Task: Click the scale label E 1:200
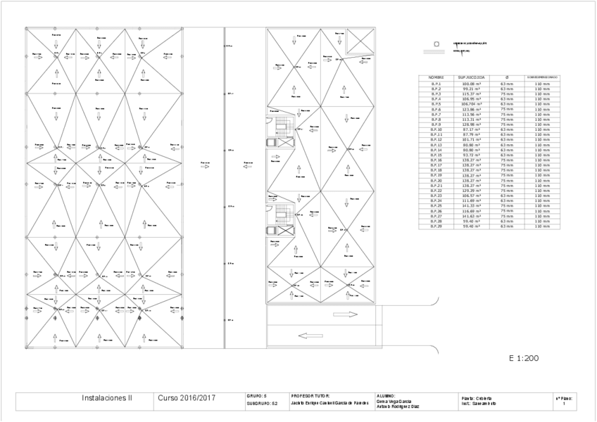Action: (x=523, y=358)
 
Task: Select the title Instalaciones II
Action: (x=107, y=398)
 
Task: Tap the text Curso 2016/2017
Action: (x=187, y=398)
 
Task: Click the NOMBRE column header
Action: (x=436, y=77)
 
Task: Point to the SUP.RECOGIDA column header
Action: (x=471, y=77)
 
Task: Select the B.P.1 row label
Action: (x=436, y=83)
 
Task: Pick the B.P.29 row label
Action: (x=436, y=226)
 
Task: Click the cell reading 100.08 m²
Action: (x=471, y=83)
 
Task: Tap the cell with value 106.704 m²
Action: (x=471, y=103)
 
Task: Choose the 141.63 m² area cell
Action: (x=471, y=216)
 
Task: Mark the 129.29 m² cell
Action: (x=471, y=191)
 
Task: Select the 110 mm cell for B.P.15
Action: (x=542, y=155)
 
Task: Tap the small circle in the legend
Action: (x=437, y=44)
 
